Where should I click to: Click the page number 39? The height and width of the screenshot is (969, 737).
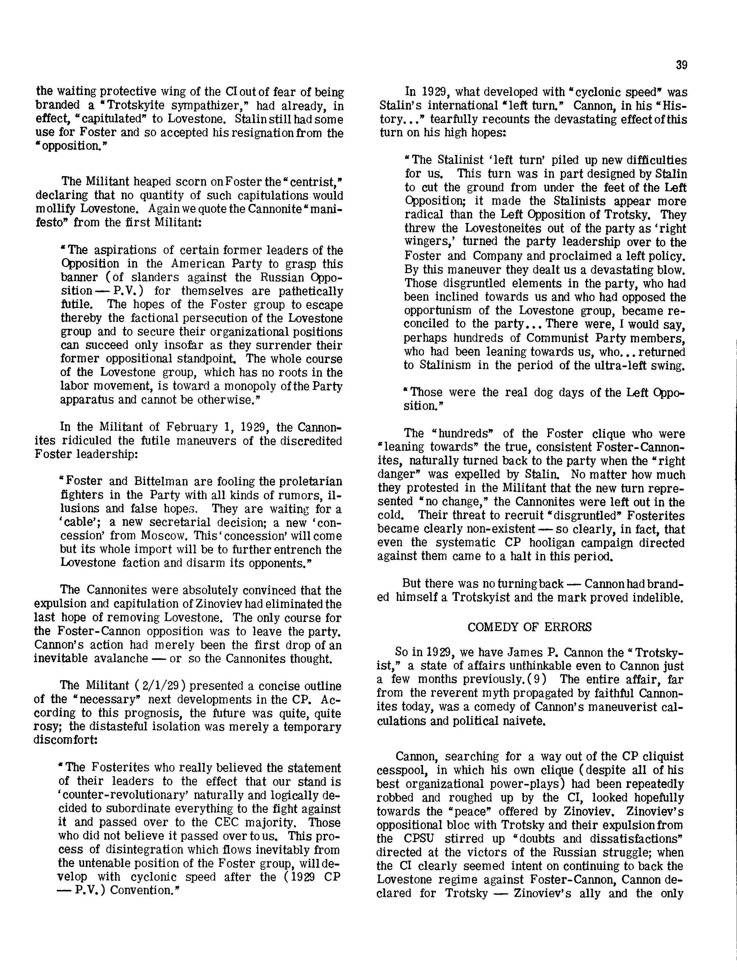[681, 65]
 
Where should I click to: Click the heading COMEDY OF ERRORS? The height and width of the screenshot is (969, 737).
[530, 627]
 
